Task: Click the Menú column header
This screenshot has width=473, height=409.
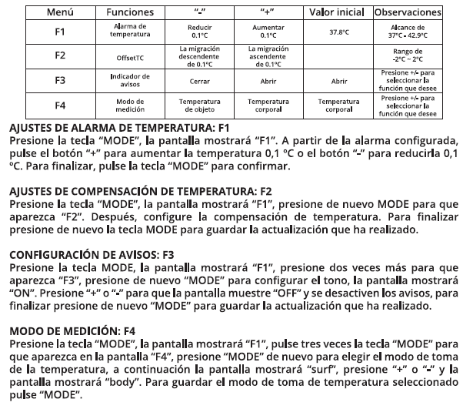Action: point(60,12)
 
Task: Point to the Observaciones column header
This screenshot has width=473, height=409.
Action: point(408,12)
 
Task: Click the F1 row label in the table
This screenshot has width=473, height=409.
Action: point(60,32)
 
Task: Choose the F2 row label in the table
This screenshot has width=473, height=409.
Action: point(60,55)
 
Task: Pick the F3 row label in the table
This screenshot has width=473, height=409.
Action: point(60,80)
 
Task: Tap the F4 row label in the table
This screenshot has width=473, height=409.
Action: point(60,105)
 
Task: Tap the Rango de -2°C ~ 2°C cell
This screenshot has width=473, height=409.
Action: point(408,55)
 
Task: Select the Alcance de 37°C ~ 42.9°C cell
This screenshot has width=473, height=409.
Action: point(408,32)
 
